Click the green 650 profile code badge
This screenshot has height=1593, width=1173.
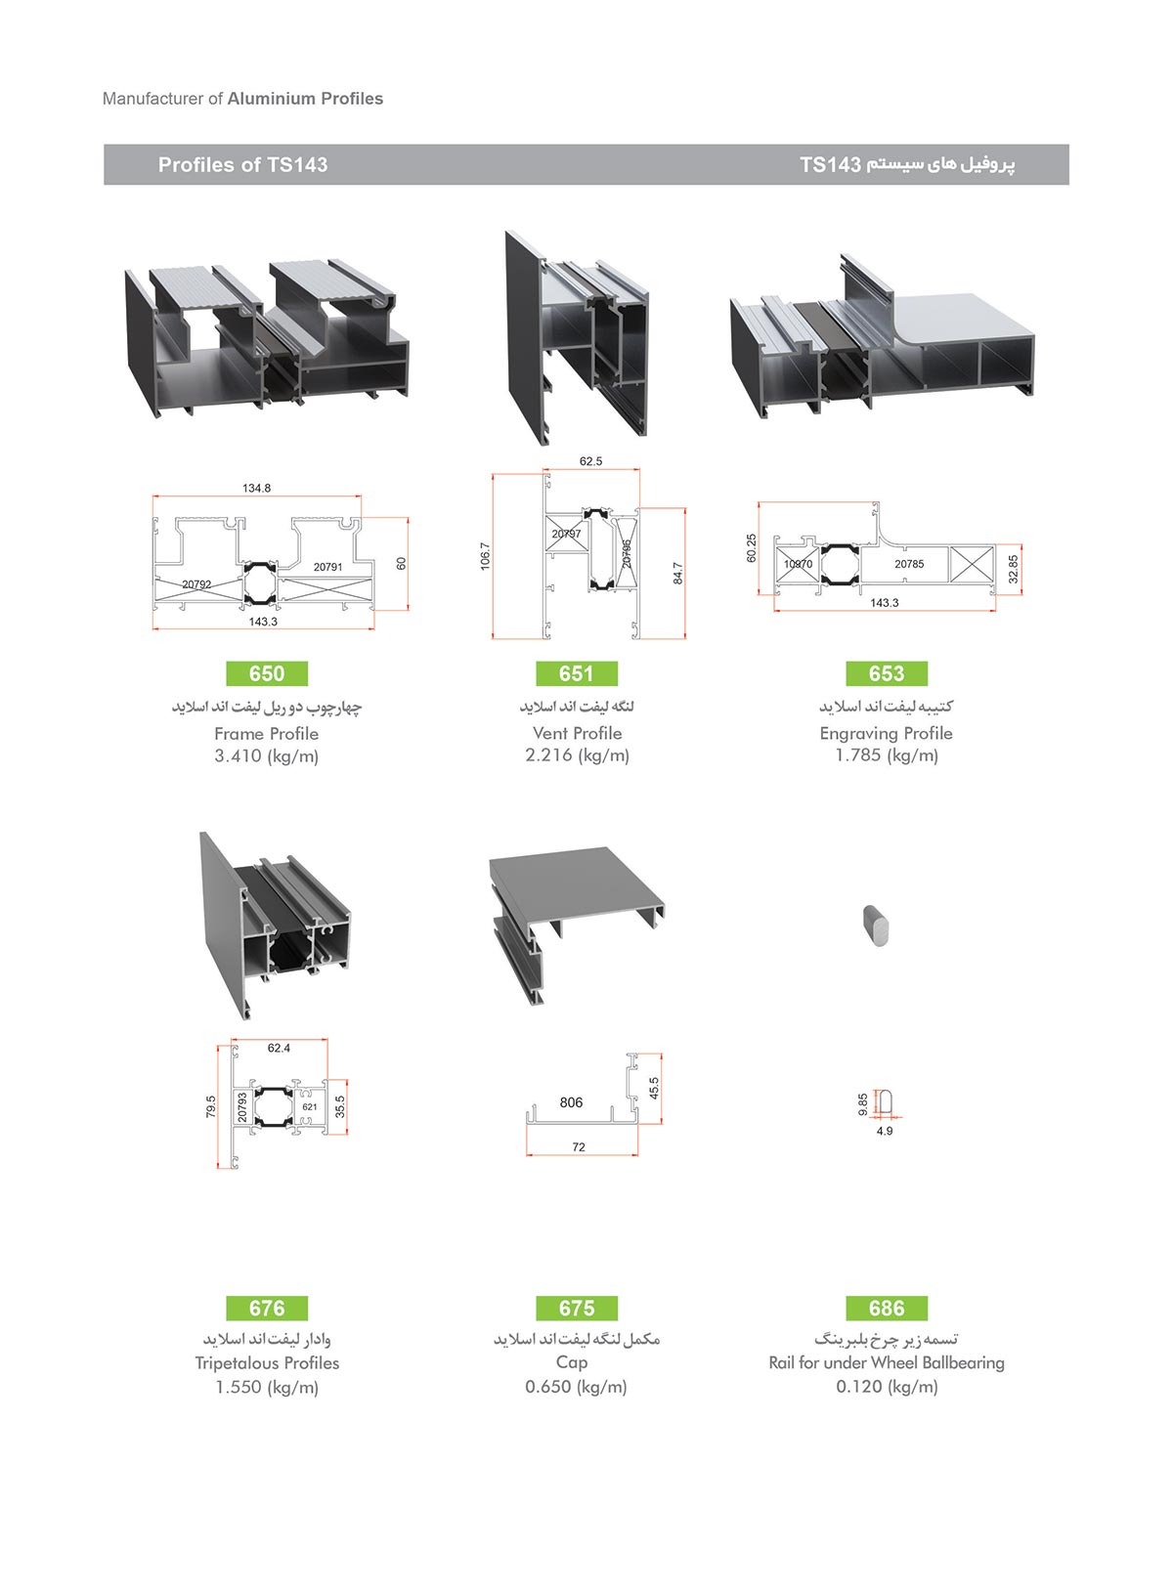[267, 672]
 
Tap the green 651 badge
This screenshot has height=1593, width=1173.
[576, 672]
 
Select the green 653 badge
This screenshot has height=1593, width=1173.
[887, 672]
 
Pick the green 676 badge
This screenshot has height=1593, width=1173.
[267, 1308]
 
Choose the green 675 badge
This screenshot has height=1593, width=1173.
[576, 1308]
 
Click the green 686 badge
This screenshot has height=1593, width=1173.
[887, 1308]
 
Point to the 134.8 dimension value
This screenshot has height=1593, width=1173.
[257, 488]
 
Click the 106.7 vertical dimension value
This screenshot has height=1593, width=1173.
[485, 555]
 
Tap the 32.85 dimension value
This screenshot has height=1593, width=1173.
[1014, 569]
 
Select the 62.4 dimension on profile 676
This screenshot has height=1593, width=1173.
[279, 1049]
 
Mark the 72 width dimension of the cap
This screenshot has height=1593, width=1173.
[579, 1147]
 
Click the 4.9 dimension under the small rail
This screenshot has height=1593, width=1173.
[885, 1131]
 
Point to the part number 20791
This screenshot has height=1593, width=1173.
[327, 567]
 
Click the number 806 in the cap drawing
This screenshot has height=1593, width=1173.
[571, 1102]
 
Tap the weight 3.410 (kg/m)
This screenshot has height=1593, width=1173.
[267, 756]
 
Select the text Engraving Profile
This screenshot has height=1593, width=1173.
[887, 733]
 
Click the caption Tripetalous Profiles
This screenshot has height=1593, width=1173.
[267, 1363]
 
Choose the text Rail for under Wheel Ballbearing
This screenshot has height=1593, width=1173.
[887, 1363]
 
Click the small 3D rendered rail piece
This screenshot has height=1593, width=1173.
[877, 926]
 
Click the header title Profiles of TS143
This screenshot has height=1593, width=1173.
[242, 165]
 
